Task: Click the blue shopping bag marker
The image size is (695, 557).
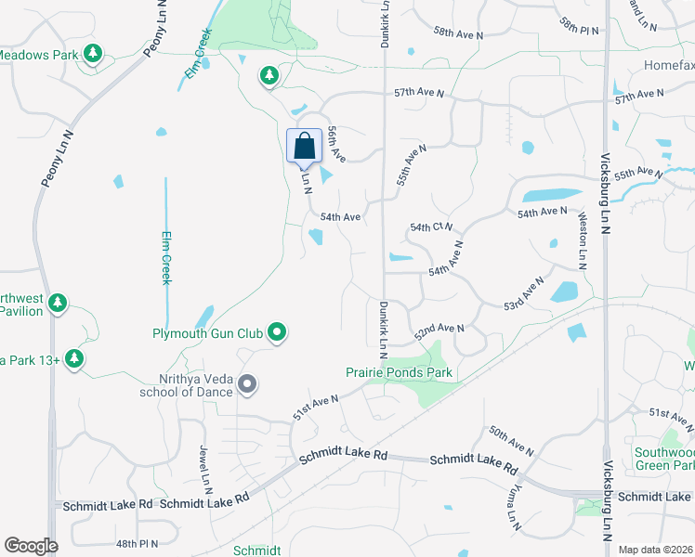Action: click(x=304, y=147)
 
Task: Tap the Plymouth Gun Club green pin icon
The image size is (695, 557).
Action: click(x=277, y=331)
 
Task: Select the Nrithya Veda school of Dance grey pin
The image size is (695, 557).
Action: click(x=247, y=383)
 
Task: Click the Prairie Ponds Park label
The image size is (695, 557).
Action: click(x=399, y=372)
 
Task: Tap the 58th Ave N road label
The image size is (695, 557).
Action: click(x=458, y=33)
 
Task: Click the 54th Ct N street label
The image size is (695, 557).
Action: click(x=431, y=227)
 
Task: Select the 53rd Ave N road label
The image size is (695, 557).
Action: click(x=524, y=292)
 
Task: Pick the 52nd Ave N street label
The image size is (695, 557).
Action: click(x=439, y=330)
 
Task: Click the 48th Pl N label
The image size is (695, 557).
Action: click(x=137, y=543)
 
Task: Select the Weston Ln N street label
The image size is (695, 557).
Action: click(x=583, y=240)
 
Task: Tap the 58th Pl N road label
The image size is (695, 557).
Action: click(x=581, y=20)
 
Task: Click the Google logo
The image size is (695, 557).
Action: click(x=31, y=546)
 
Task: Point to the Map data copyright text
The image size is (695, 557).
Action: click(x=656, y=550)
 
